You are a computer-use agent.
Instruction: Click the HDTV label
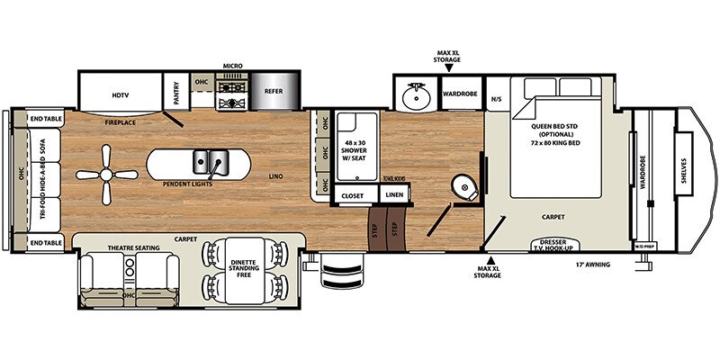coord(121,94)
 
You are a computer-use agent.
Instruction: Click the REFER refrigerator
coord(271,91)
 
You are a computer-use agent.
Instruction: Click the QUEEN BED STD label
coord(558,128)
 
